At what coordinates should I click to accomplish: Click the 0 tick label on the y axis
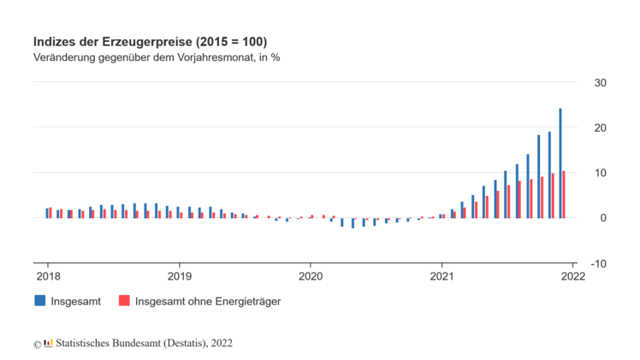click(x=602, y=218)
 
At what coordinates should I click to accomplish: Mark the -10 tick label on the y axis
click(x=598, y=263)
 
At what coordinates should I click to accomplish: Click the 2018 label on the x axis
click(x=47, y=276)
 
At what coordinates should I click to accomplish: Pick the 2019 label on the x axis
click(x=179, y=276)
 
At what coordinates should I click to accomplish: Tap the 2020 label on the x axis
click(x=311, y=276)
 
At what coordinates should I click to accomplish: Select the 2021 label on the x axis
click(x=442, y=276)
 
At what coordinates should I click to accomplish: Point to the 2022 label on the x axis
click(x=572, y=276)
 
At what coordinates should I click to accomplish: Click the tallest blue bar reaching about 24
click(x=560, y=162)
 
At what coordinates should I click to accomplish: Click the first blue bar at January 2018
click(x=47, y=213)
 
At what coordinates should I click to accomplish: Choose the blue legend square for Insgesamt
click(x=39, y=301)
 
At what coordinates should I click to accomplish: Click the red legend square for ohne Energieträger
click(x=124, y=301)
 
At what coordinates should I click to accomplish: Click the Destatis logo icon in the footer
click(x=48, y=344)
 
